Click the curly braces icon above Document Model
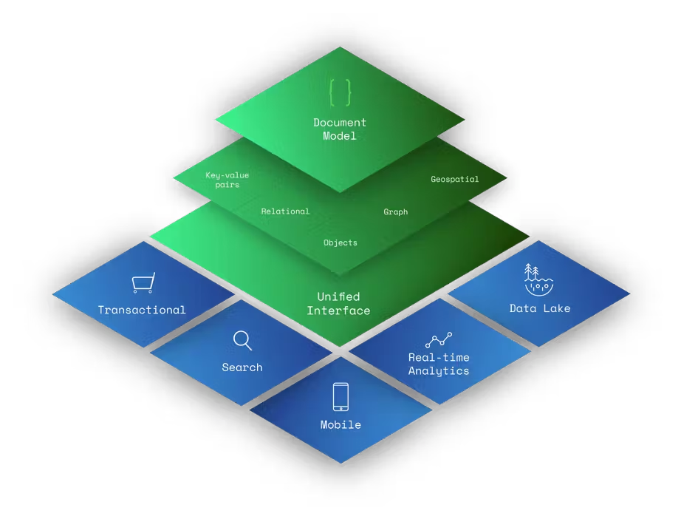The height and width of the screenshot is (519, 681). (x=340, y=92)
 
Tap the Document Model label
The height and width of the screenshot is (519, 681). (x=340, y=129)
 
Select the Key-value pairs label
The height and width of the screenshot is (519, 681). (x=227, y=180)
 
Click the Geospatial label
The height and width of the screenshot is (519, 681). (x=455, y=179)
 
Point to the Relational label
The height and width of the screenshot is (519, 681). (x=285, y=211)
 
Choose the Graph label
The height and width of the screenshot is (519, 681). (x=395, y=212)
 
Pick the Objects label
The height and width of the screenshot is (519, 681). (x=340, y=242)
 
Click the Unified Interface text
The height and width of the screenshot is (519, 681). (x=338, y=304)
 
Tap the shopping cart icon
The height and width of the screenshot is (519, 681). (x=143, y=282)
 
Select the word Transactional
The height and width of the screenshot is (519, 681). (x=142, y=310)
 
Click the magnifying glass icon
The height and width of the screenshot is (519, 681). (x=242, y=340)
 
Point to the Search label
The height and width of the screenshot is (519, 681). (x=242, y=367)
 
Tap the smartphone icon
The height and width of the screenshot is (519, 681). (x=340, y=396)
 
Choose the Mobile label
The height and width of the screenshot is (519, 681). (x=340, y=425)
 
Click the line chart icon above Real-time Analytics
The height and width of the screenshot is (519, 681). (x=439, y=340)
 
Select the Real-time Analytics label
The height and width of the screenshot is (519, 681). (x=439, y=364)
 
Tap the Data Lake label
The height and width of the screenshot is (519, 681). (x=540, y=308)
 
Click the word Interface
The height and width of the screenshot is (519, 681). (x=338, y=311)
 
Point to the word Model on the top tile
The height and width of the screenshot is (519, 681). (x=340, y=136)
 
